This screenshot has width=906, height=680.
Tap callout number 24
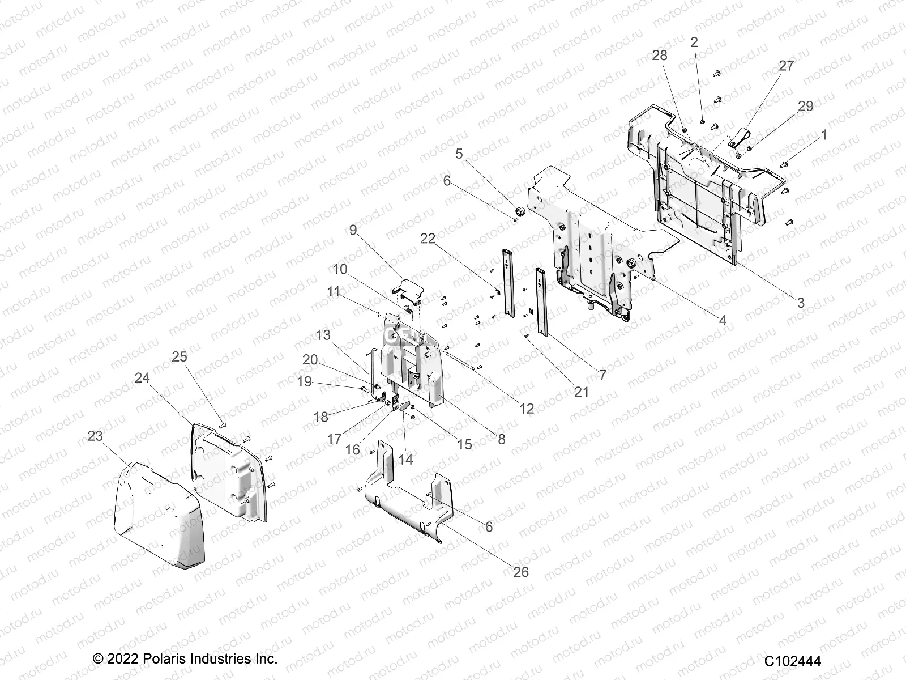[142, 378]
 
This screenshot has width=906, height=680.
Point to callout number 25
[180, 356]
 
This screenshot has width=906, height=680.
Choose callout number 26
[520, 572]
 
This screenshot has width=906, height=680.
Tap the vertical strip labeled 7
[542, 303]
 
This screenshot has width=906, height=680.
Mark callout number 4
[722, 320]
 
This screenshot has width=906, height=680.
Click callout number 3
[800, 303]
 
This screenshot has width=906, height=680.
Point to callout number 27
[787, 66]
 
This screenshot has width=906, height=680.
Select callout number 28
[660, 56]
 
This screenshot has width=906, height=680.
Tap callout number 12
[527, 408]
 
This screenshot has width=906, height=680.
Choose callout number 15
[464, 444]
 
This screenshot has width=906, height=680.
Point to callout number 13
[323, 335]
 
